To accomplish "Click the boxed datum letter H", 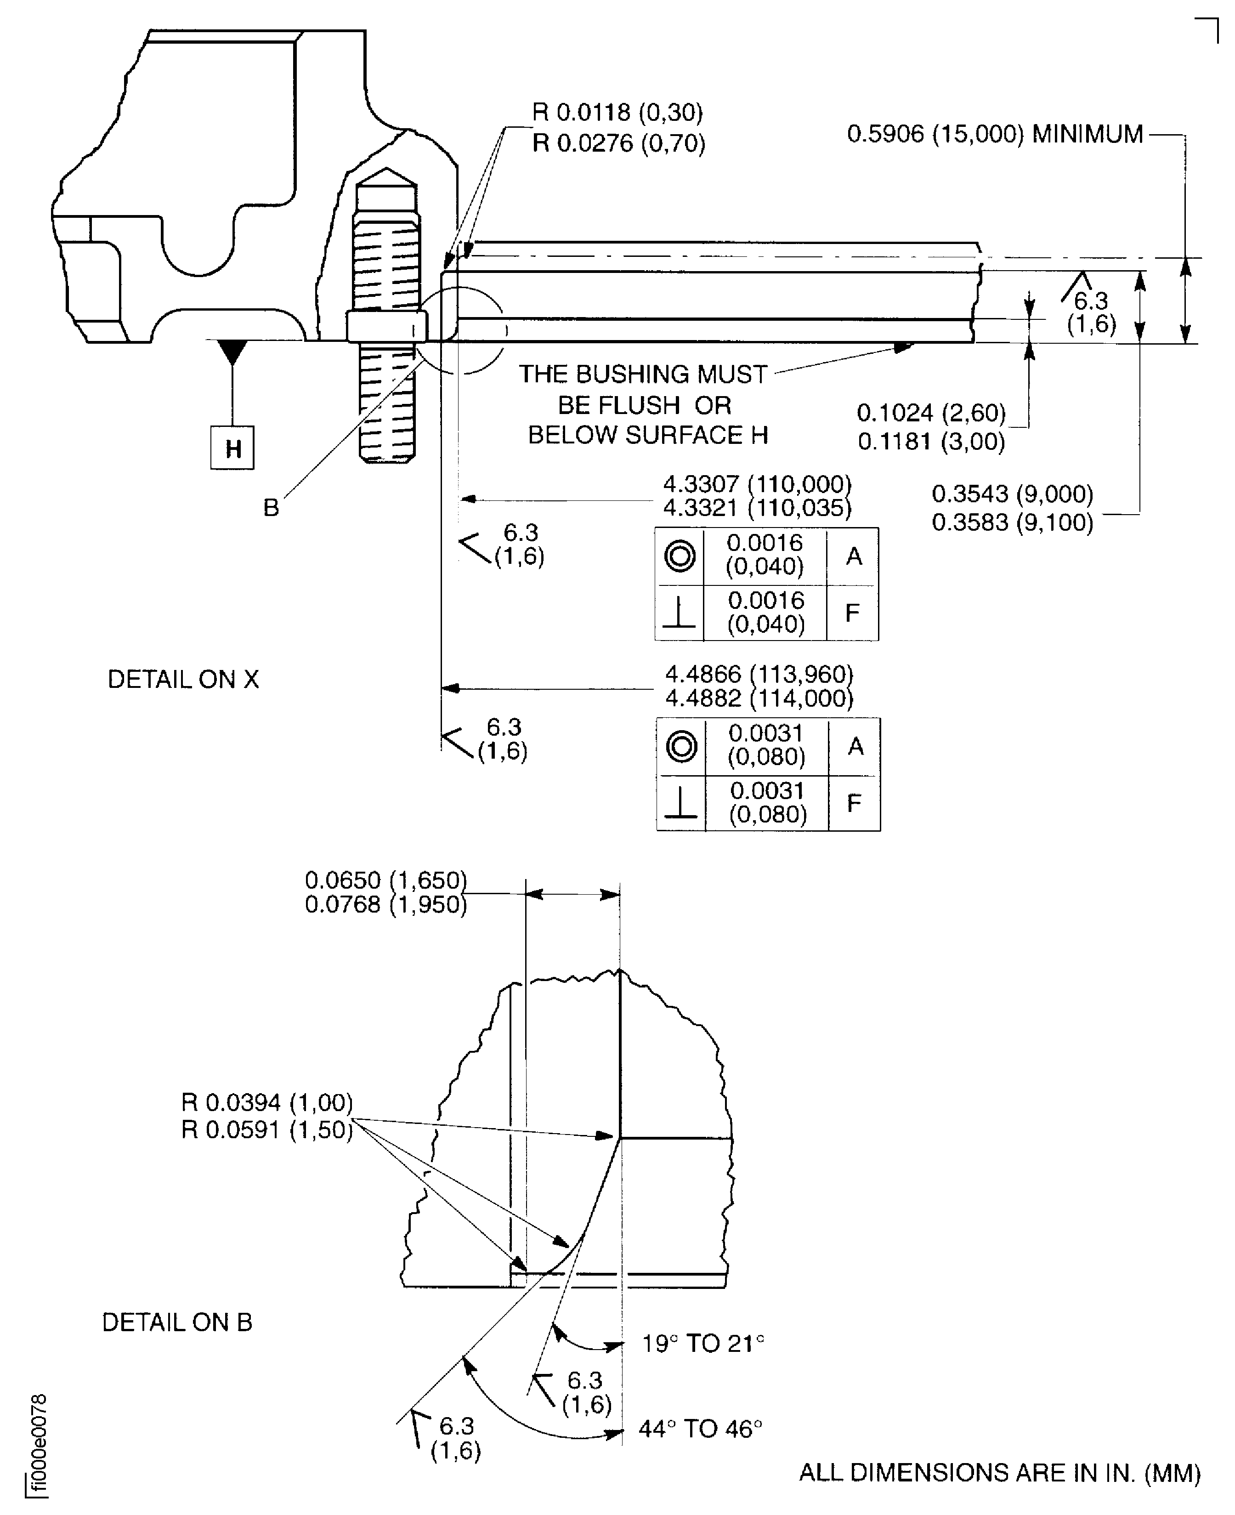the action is (232, 448).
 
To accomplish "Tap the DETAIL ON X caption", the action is (183, 680).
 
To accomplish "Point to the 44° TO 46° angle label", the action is (701, 1429).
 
